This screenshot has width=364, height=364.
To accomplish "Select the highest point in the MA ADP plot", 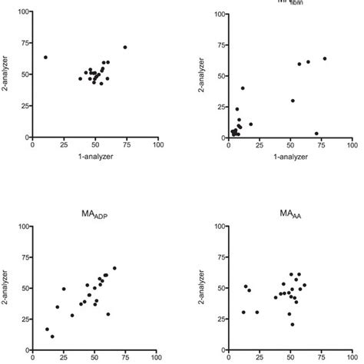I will tap(114, 268).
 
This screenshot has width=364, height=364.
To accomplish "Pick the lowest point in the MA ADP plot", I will tap(52, 336).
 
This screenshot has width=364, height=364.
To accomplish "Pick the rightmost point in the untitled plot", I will tap(125, 47).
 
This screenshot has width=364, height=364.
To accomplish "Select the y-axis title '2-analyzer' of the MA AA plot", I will tap(202, 289).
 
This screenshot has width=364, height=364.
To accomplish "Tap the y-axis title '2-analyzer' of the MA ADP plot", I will tap(5, 289).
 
